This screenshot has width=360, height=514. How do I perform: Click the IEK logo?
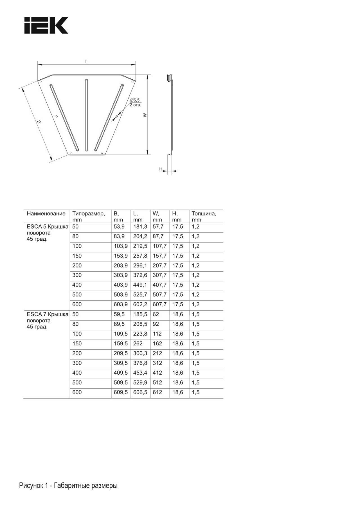coord(46,25)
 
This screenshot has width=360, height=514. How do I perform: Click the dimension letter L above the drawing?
coord(87,62)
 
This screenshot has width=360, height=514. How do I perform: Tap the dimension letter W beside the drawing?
coord(145,115)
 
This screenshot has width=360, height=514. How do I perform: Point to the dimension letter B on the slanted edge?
coord(39,122)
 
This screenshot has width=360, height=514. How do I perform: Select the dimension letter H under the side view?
coord(161,169)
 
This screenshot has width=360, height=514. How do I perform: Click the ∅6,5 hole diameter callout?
coord(135,100)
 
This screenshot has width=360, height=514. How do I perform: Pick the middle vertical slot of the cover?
coord(86,115)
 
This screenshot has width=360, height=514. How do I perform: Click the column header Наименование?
coord(46,213)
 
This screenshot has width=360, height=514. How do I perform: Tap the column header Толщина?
coord(204,213)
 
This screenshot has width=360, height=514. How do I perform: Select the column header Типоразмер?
coord(89,213)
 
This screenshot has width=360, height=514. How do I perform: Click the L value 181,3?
coord(140,227)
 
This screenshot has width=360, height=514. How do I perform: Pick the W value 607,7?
coord(159,304)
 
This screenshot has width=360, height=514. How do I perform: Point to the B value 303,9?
coord(121,275)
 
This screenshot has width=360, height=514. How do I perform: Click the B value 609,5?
coord(121,392)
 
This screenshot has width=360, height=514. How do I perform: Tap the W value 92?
coord(156,324)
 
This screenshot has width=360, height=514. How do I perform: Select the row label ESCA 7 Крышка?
coord(48,314)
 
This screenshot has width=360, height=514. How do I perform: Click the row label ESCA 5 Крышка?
coord(48,227)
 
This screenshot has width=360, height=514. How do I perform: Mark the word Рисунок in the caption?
coord(31,486)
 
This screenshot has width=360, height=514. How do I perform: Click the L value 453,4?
coord(140,373)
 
